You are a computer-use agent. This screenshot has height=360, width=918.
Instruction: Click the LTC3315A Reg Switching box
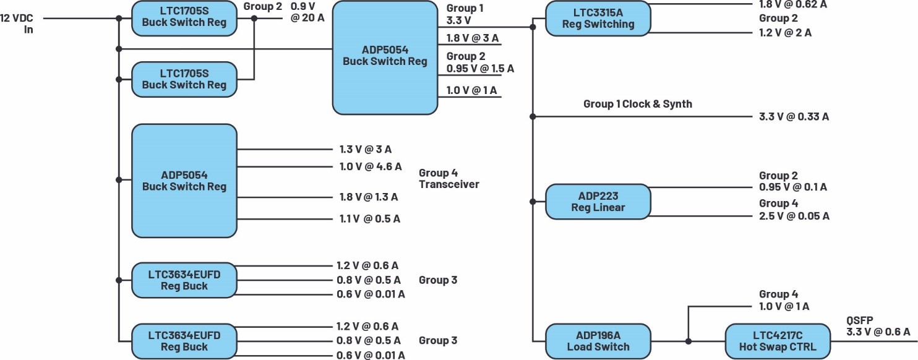(x=598, y=18)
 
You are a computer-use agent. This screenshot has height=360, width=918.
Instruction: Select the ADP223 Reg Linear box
(x=598, y=202)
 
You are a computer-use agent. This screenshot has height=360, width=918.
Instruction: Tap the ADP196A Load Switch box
(x=598, y=341)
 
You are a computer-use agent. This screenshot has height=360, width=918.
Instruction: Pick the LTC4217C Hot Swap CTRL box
(x=777, y=341)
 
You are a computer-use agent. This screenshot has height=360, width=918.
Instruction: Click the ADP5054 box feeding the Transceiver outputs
(x=184, y=181)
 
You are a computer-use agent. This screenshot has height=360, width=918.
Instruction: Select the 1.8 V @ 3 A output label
(x=473, y=38)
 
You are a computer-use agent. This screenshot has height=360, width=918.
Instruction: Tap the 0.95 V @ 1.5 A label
(x=480, y=68)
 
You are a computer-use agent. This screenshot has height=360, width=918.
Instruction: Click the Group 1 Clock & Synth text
(x=637, y=104)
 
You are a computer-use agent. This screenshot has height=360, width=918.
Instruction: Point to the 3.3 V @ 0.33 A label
(x=794, y=116)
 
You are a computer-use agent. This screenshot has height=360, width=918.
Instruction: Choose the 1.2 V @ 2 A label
(x=786, y=33)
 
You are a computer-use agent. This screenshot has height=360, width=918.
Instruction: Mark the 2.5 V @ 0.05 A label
(x=794, y=216)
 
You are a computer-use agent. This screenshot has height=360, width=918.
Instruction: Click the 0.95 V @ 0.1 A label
(x=793, y=187)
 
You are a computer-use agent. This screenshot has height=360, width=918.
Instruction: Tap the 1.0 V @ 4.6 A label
(x=371, y=166)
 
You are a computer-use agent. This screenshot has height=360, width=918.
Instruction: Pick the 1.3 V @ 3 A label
(x=366, y=149)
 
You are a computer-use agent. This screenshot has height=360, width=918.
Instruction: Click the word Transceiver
(x=448, y=184)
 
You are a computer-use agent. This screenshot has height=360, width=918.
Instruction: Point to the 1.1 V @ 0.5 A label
(x=370, y=218)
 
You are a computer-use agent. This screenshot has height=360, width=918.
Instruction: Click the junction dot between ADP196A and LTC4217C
(x=688, y=341)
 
